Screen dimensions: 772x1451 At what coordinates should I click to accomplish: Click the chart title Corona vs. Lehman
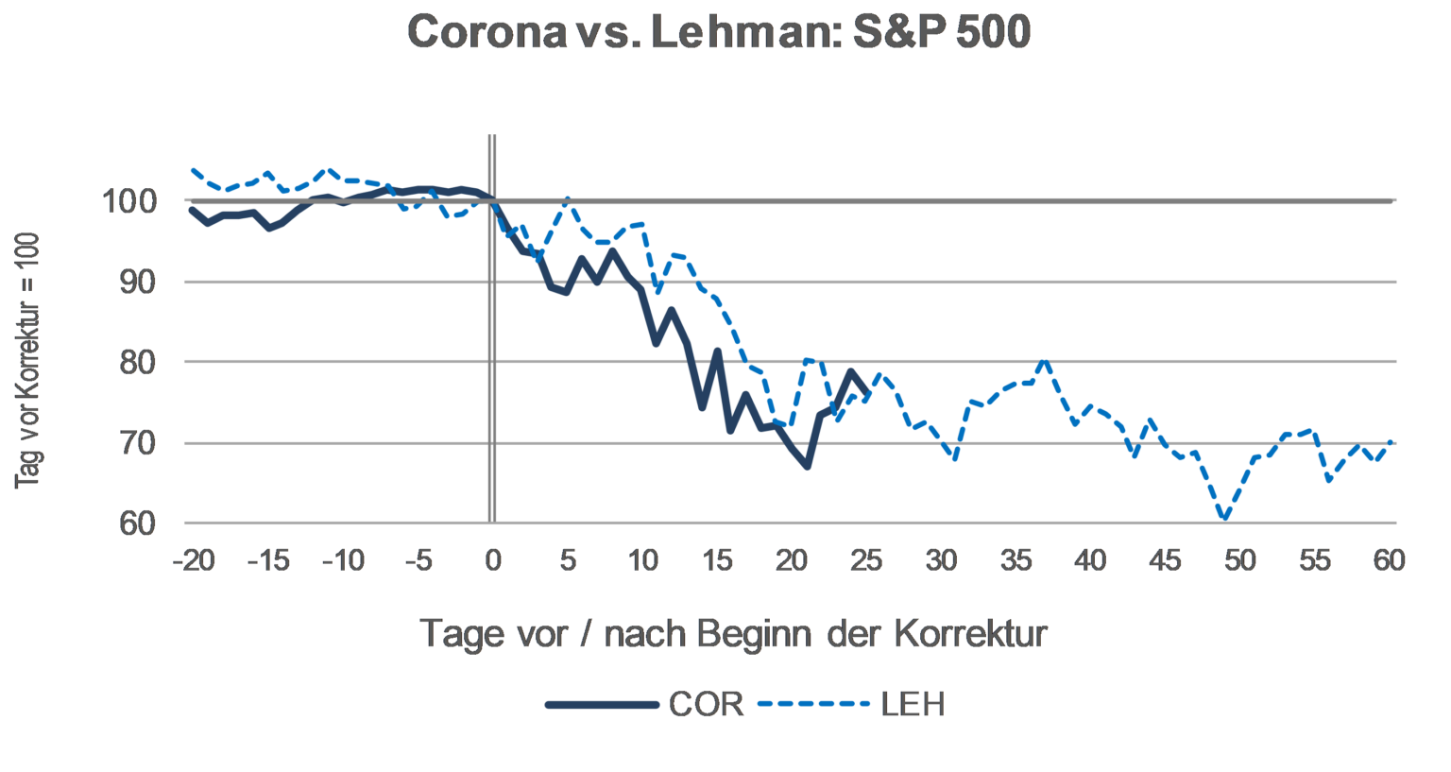719,33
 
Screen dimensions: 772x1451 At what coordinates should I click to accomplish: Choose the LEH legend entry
913,704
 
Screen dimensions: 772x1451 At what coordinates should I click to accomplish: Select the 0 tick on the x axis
492,559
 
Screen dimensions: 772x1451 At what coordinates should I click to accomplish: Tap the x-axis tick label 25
866,559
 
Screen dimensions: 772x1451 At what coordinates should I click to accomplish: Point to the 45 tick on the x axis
1165,559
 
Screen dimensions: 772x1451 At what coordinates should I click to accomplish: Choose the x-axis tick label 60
1389,559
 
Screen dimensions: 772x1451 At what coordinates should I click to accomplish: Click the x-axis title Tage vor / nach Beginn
733,633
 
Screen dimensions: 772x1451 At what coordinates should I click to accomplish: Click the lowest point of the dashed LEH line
1224,519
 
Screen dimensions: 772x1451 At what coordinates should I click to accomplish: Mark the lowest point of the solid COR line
807,467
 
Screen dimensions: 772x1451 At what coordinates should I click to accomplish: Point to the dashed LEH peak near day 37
1045,361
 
